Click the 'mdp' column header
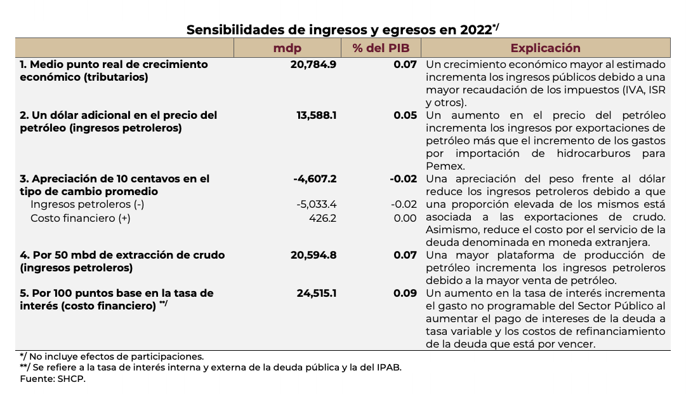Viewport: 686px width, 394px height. (287, 48)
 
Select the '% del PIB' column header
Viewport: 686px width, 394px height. (381, 48)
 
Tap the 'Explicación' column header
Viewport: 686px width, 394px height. (545, 48)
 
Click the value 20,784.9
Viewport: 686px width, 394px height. (313, 65)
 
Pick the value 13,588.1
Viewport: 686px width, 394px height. (315, 116)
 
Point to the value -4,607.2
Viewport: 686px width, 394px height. (315, 179)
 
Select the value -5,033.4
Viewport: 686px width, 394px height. (316, 205)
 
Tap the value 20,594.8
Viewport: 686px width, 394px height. (313, 255)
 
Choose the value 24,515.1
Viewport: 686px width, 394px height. (316, 294)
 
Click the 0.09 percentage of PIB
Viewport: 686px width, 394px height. (406, 294)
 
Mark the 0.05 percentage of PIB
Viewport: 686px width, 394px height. (406, 116)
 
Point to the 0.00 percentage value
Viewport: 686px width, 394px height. (406, 218)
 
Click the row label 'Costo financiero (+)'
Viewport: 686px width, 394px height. (81, 218)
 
